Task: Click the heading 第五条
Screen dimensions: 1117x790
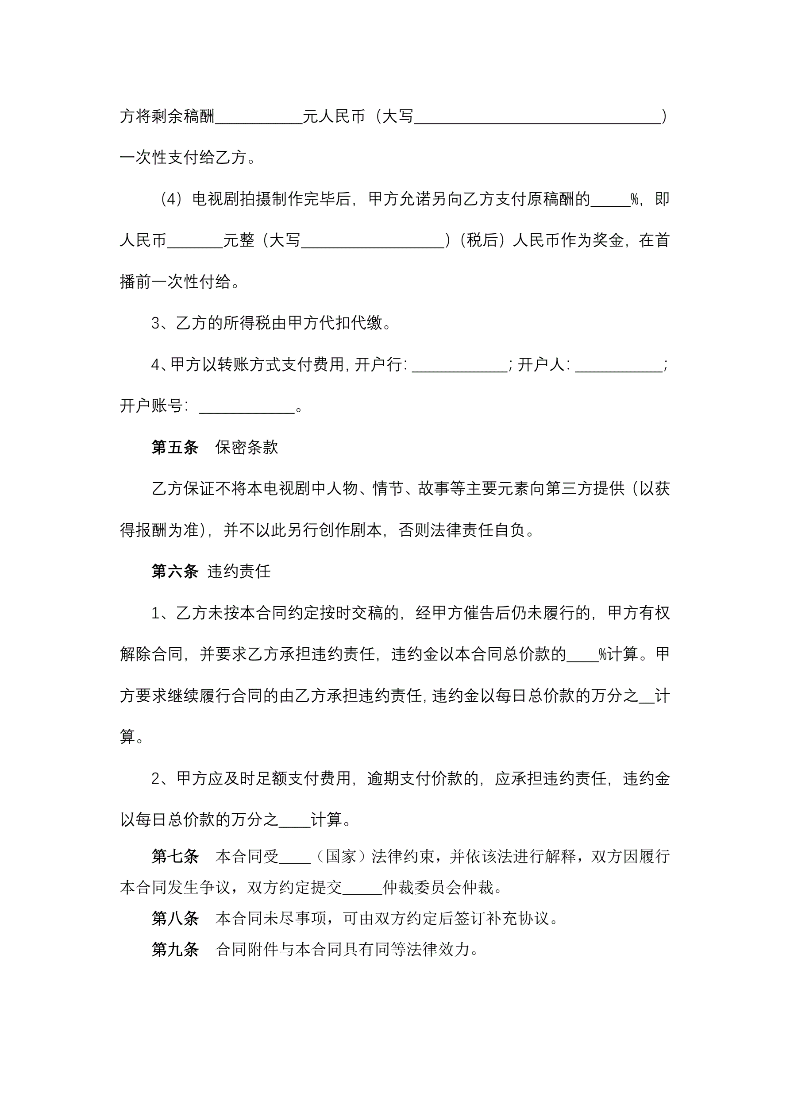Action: click(x=175, y=447)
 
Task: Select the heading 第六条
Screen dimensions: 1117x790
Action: click(x=175, y=571)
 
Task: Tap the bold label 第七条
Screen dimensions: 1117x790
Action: click(x=175, y=856)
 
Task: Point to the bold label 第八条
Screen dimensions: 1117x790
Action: click(x=175, y=918)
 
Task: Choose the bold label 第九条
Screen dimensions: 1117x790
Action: click(x=175, y=949)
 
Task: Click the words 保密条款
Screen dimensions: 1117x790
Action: click(x=247, y=447)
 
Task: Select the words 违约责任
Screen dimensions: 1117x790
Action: click(x=239, y=571)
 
